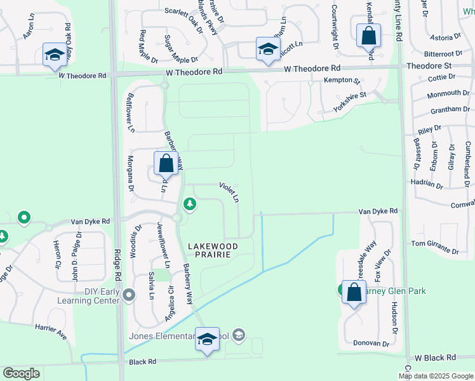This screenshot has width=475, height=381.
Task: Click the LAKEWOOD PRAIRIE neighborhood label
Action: coord(213,250)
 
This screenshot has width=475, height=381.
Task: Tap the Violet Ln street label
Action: coord(229,192)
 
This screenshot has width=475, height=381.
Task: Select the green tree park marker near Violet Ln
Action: coord(189,204)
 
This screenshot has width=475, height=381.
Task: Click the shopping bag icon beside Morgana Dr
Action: coord(166,164)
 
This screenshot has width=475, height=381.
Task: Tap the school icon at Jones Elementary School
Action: coord(207,340)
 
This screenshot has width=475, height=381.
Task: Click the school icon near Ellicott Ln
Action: coord(268,48)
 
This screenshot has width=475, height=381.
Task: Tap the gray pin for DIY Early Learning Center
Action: coord(130,295)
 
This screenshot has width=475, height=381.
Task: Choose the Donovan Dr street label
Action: coord(370,344)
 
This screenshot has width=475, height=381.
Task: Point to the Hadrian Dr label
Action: coord(426,184)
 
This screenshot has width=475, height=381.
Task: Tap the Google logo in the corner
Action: coord(22,373)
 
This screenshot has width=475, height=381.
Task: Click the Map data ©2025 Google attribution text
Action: coord(435,376)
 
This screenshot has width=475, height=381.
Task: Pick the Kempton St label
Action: coord(342,81)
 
